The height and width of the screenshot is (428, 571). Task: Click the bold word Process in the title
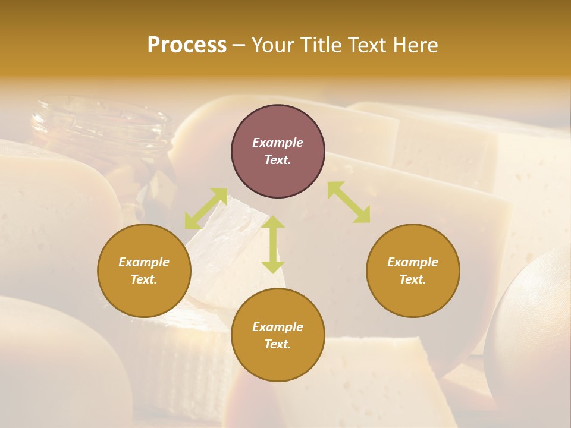[187, 45]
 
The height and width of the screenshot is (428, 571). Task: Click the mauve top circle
[278, 152]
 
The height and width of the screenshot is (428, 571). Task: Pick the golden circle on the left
[144, 270]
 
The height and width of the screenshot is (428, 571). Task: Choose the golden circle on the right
[413, 270]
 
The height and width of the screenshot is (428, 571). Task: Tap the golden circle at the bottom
[278, 335]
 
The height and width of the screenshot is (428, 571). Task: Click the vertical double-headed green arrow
[273, 244]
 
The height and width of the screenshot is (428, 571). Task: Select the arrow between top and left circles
[206, 209]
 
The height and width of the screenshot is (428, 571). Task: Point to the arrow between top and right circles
[349, 202]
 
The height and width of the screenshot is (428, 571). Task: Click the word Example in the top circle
[278, 143]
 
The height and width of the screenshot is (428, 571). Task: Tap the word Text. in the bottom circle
[278, 344]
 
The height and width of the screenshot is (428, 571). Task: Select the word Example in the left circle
[144, 262]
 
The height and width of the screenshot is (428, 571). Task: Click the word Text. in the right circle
[413, 279]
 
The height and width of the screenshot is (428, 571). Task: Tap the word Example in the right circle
[413, 262]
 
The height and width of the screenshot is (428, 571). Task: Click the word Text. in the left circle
[144, 279]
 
